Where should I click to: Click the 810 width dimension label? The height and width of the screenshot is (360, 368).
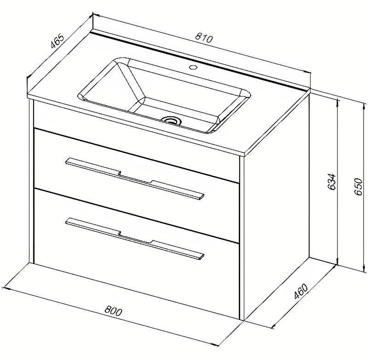point(204,39)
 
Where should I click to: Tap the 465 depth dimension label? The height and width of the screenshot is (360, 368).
point(57,41)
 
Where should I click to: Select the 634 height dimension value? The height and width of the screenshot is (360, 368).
point(332,182)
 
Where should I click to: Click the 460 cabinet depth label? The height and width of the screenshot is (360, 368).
point(301,291)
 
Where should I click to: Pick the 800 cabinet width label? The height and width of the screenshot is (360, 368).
point(113,311)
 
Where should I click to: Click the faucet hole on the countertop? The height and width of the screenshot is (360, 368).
point(193,67)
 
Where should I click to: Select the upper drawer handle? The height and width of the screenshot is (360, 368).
point(135,179)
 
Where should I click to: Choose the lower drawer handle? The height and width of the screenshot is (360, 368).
point(135,239)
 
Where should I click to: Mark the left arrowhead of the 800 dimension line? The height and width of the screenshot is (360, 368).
point(5,288)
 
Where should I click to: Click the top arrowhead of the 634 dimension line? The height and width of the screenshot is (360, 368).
point(338,102)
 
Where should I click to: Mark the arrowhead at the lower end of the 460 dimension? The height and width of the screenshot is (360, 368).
point(275,326)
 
